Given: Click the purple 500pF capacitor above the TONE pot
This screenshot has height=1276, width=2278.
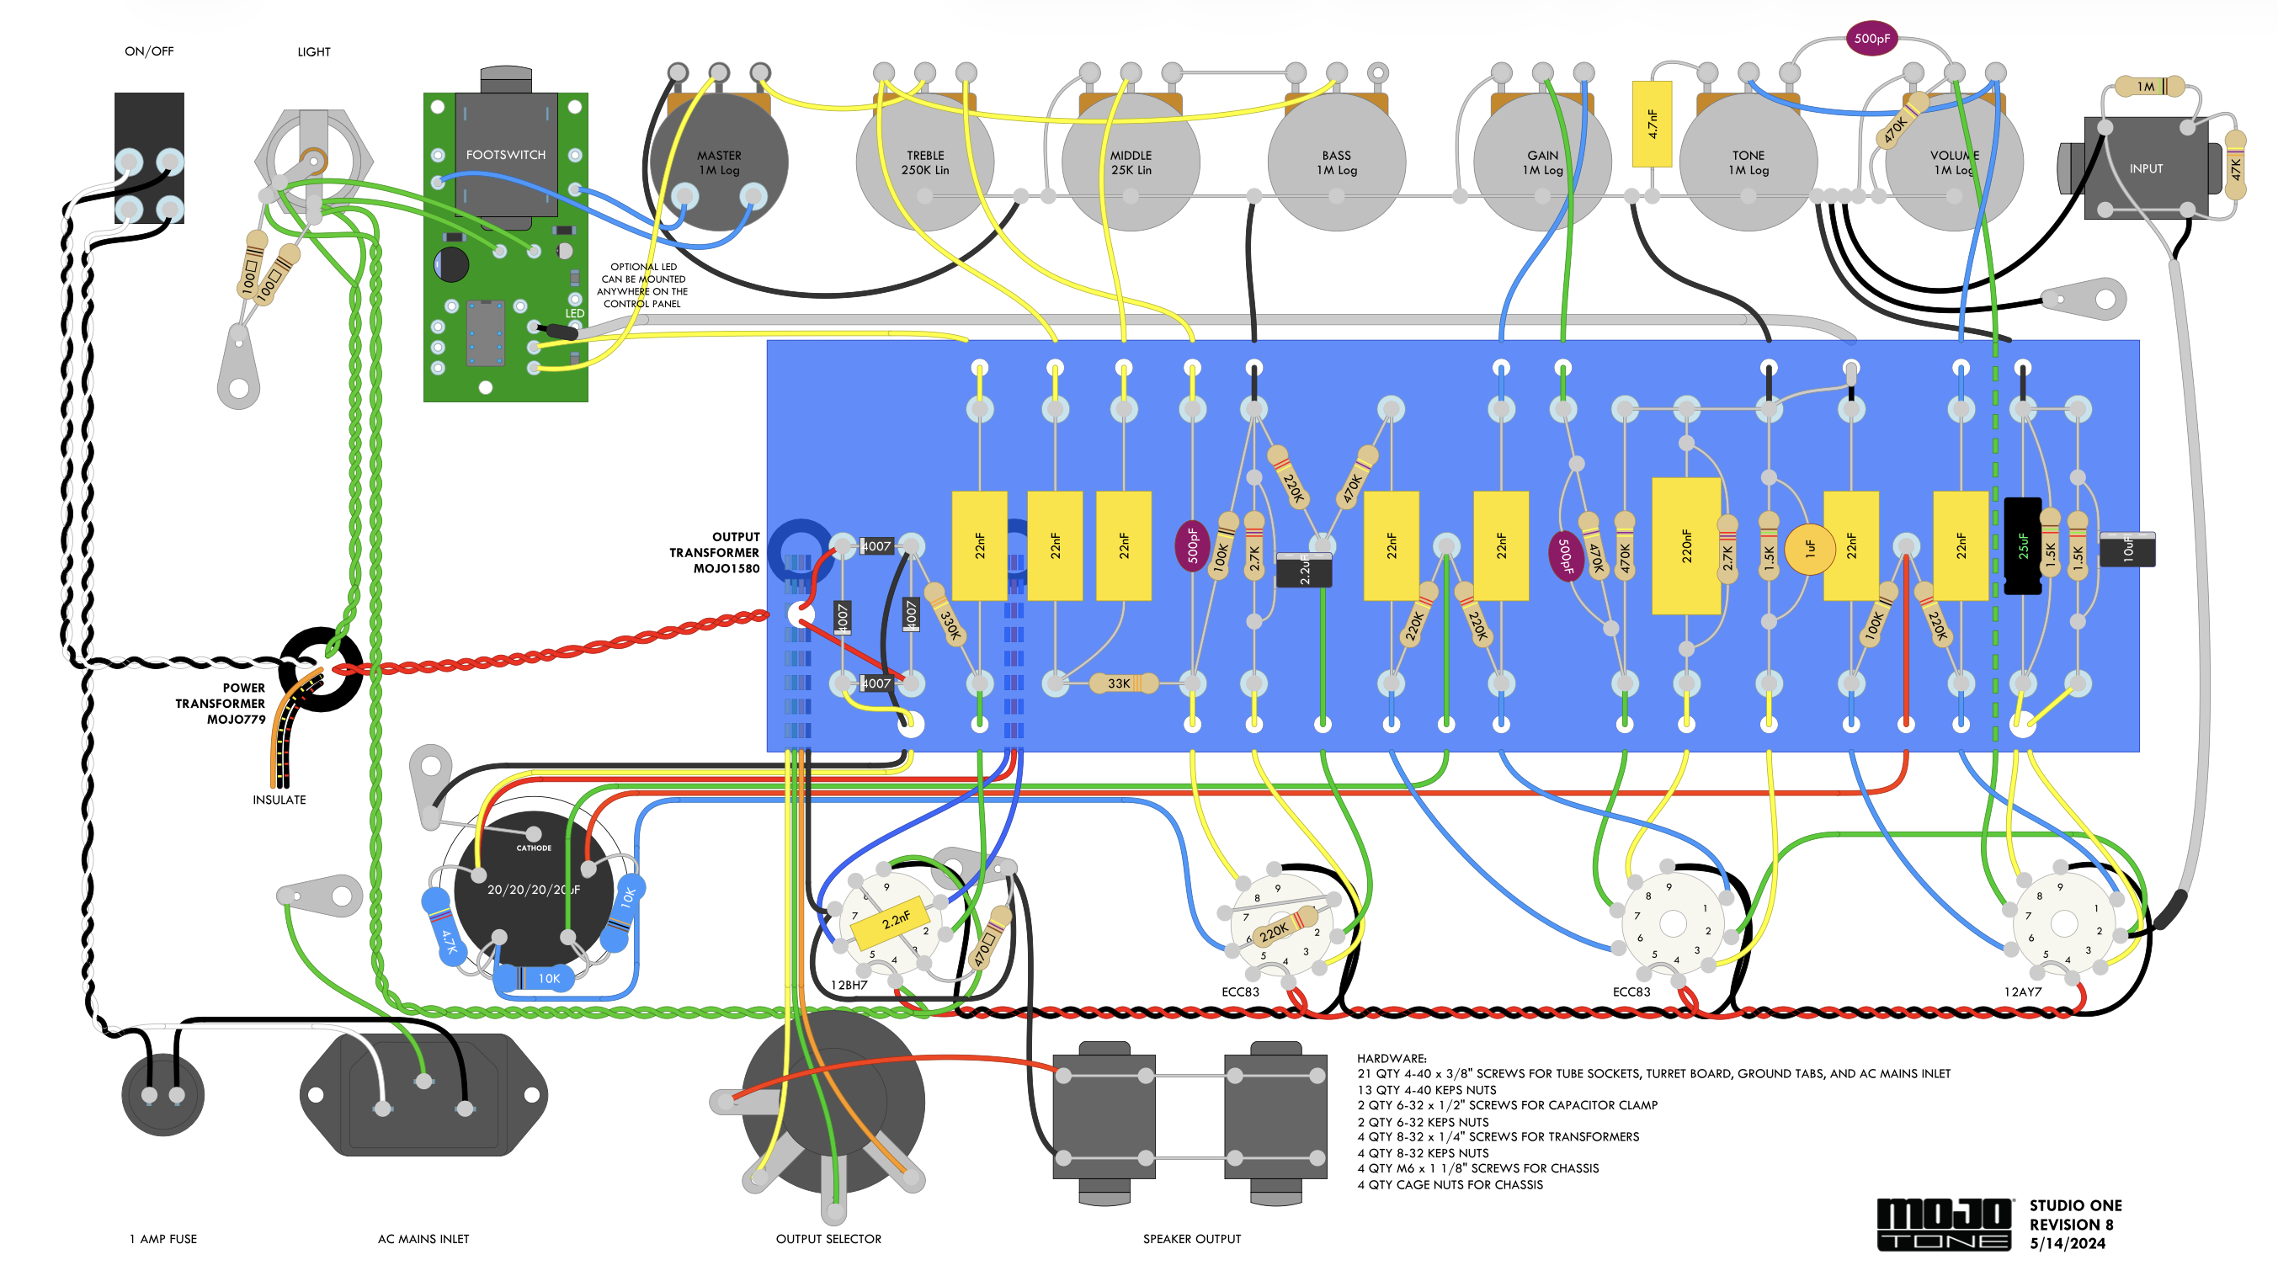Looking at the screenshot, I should (x=1871, y=39).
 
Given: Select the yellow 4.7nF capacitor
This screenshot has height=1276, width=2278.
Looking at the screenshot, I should (x=1652, y=124).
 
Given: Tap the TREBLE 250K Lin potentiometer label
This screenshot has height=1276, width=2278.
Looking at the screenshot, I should (x=925, y=162).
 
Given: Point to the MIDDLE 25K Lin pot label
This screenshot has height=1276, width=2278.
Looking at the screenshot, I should (x=1131, y=162).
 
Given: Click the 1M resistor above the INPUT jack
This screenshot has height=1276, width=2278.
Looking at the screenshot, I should (x=2148, y=87).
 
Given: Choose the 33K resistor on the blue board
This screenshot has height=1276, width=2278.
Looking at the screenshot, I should (x=1120, y=683).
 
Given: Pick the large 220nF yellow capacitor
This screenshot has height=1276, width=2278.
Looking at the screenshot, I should (x=1686, y=546).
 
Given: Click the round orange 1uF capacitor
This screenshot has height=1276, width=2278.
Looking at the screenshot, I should (x=1809, y=549).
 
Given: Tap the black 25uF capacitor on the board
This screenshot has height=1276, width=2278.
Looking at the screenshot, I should (x=2021, y=546).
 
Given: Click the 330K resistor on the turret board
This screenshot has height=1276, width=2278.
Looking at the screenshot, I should (x=948, y=618).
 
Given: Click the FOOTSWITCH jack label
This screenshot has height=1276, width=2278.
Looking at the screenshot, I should (x=506, y=155).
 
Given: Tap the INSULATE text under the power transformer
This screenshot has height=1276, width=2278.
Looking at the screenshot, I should (x=279, y=800).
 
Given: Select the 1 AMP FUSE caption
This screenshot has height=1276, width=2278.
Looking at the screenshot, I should (x=163, y=1239).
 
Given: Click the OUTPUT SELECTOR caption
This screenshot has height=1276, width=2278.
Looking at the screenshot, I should (x=828, y=1239).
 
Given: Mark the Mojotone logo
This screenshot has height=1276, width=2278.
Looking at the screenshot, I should (x=1944, y=1224).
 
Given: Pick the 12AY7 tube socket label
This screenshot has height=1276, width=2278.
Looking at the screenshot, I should (x=2022, y=992).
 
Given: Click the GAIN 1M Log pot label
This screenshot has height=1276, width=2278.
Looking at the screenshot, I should (x=1542, y=162).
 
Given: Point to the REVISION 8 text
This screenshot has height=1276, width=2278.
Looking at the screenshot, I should (x=2071, y=1225).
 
